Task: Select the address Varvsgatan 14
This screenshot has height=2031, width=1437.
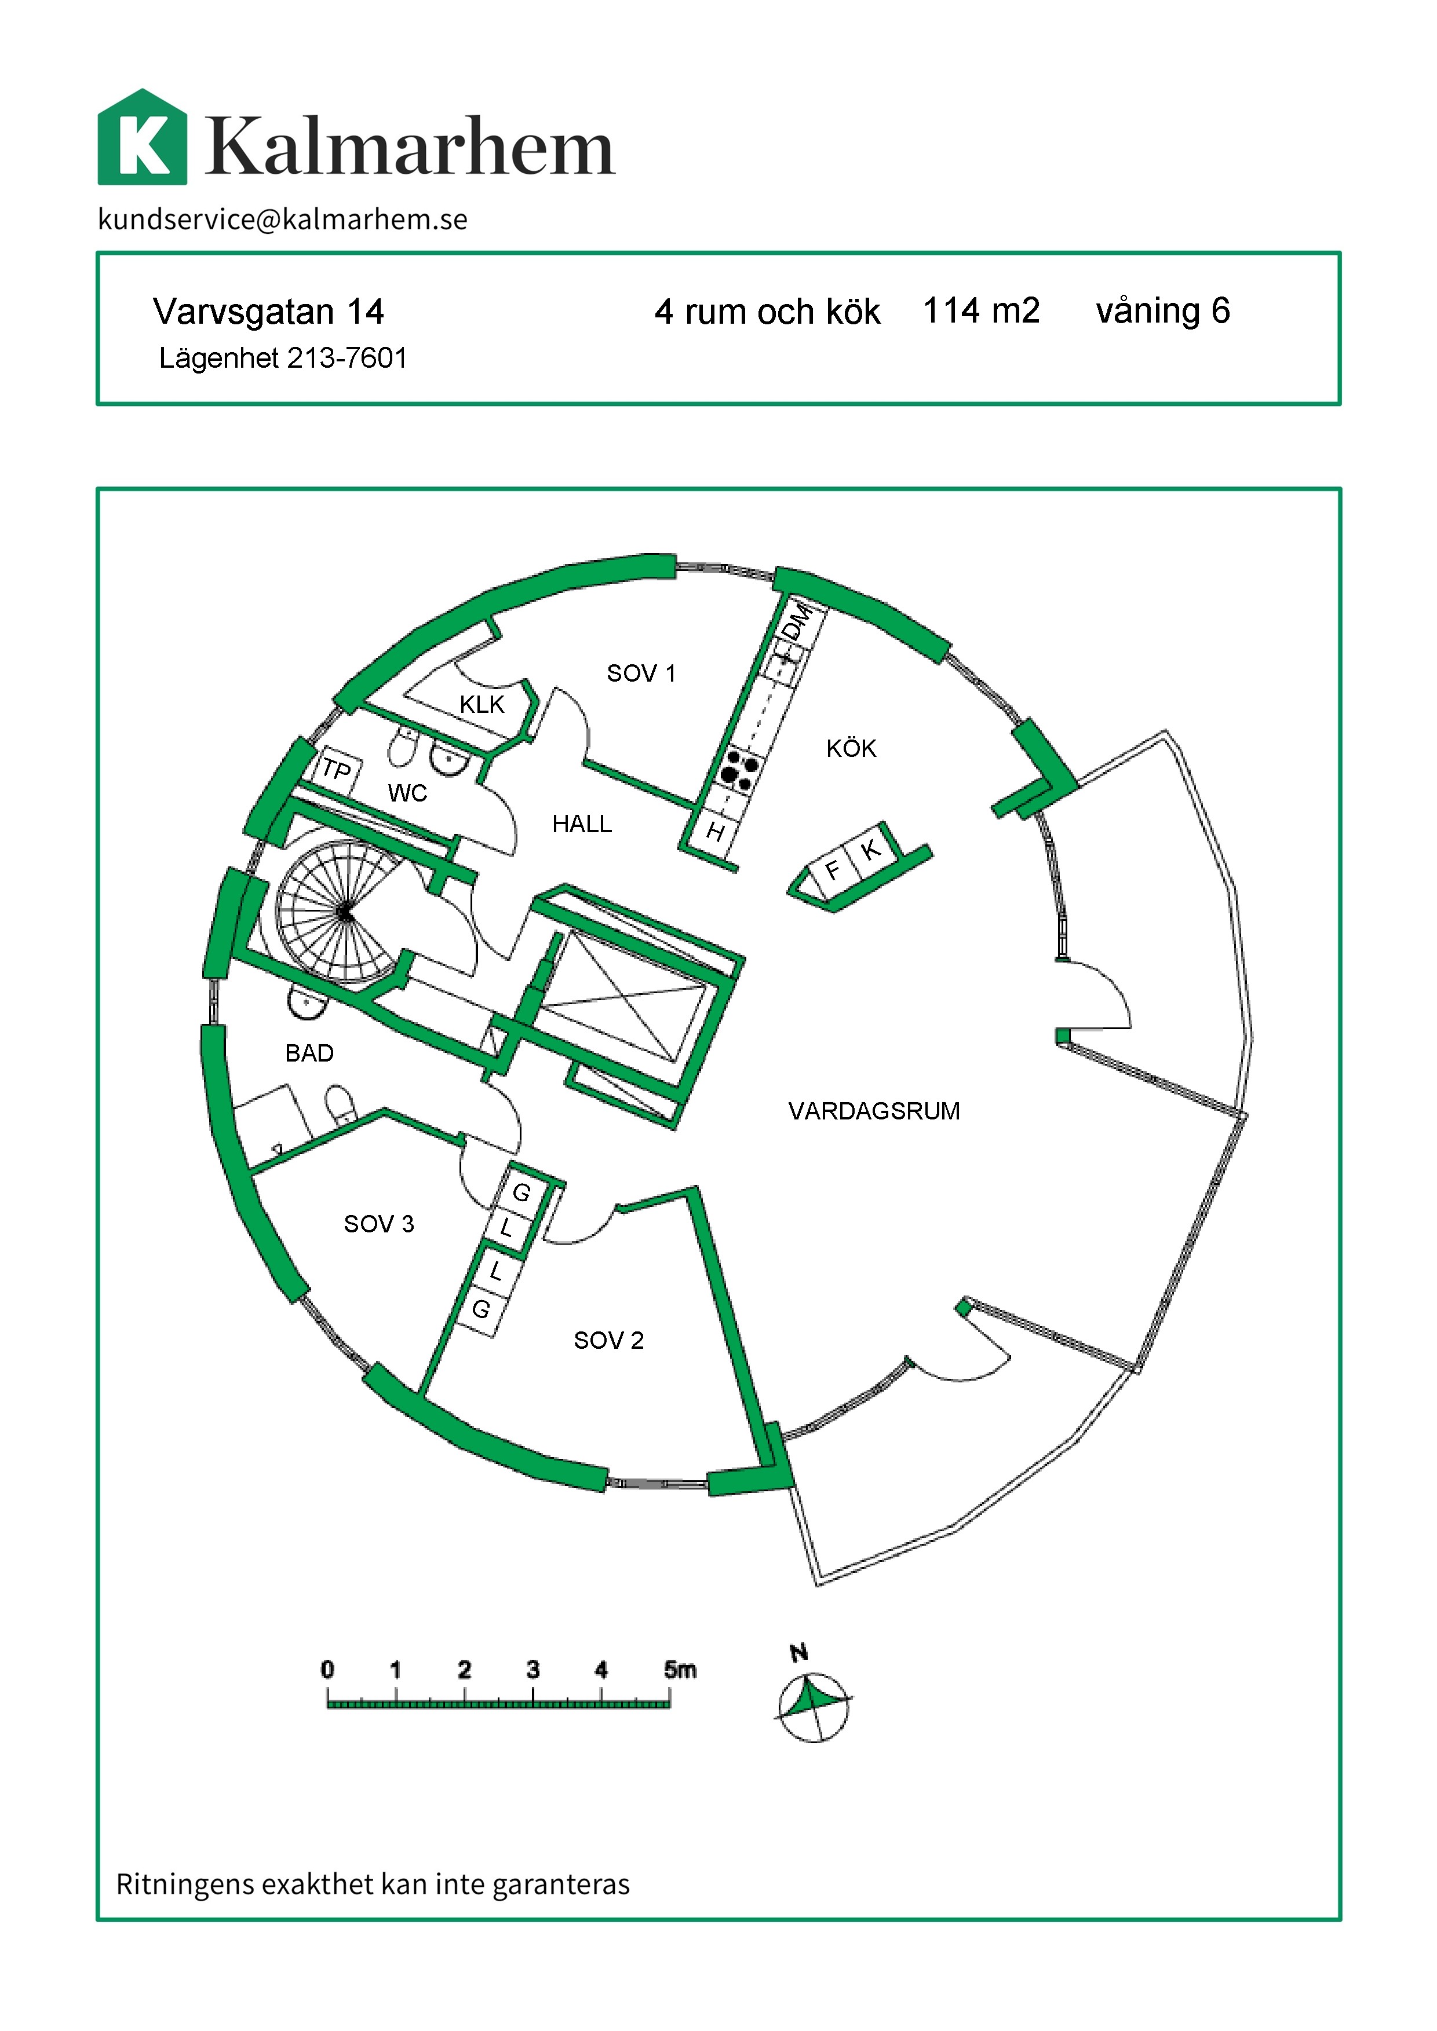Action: tap(268, 312)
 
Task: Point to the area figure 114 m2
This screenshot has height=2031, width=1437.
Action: tap(982, 310)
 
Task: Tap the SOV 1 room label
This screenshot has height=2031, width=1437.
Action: tap(641, 673)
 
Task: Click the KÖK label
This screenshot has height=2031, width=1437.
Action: tap(851, 748)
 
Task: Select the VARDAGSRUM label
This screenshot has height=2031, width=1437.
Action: tap(874, 1111)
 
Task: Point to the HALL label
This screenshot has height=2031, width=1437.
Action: tap(582, 824)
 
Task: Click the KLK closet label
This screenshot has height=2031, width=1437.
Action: tap(482, 704)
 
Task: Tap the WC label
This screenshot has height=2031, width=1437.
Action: tap(408, 793)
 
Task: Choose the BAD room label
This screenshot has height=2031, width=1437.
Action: tap(309, 1053)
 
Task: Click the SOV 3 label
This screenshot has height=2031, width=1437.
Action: tap(379, 1223)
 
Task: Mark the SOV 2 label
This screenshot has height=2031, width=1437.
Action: tap(609, 1340)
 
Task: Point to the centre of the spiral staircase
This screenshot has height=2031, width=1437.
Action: tap(344, 913)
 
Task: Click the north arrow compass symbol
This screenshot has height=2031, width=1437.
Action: tap(812, 1706)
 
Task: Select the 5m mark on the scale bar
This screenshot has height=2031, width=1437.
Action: tap(680, 1669)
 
